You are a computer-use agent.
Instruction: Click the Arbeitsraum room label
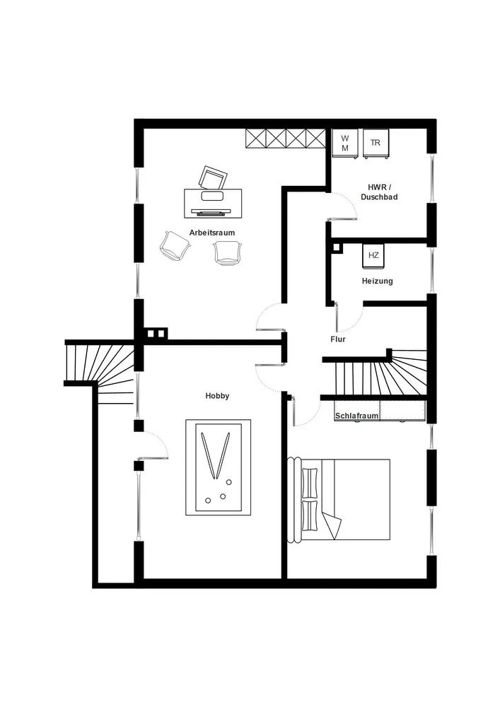pyautogui.click(x=211, y=233)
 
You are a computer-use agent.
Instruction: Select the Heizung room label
pyautogui.click(x=377, y=281)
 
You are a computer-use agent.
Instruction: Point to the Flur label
pyautogui.click(x=338, y=339)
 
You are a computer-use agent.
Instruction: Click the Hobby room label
pyautogui.click(x=217, y=397)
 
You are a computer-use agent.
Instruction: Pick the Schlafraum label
pyautogui.click(x=357, y=416)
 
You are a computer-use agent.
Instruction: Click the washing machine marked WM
pyautogui.click(x=345, y=143)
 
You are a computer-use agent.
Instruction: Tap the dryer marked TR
pyautogui.click(x=375, y=143)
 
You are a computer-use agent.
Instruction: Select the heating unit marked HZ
pyautogui.click(x=373, y=256)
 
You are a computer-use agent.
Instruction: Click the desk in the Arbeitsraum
pyautogui.click(x=212, y=201)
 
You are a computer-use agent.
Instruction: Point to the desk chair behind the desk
pyautogui.click(x=214, y=177)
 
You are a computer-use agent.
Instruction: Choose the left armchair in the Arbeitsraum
pyautogui.click(x=175, y=245)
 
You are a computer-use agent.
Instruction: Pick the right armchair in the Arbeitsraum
pyautogui.click(x=228, y=252)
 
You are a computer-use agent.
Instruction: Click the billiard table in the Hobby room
pyautogui.click(x=218, y=468)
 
